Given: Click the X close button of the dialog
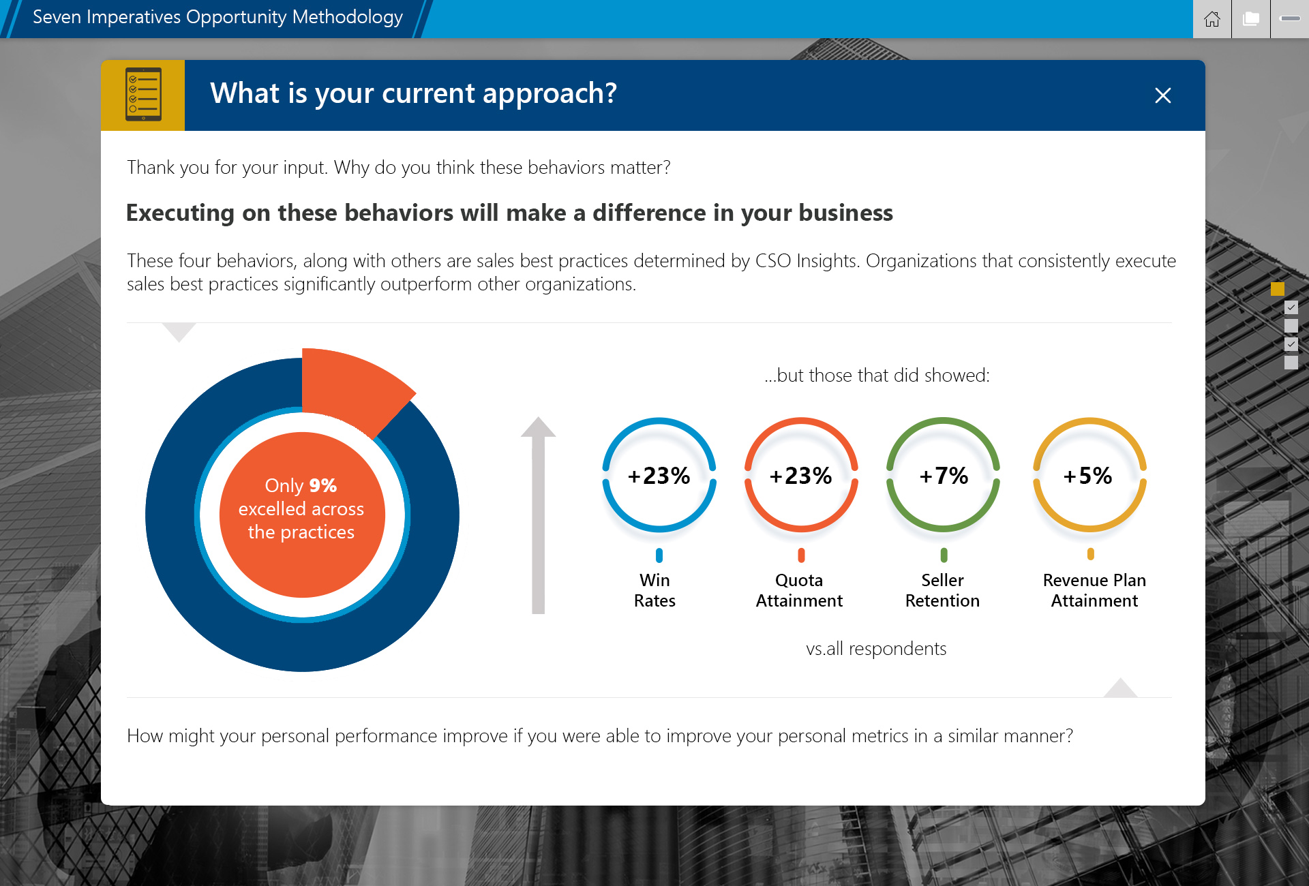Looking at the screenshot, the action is click(1163, 95).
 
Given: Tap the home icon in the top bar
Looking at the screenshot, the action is click(1212, 19).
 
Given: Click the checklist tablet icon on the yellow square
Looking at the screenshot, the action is click(143, 94).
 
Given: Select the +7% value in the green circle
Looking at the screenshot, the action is click(944, 476).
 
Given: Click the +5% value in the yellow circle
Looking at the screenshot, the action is click(1088, 476).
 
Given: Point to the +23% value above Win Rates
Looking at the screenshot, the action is click(659, 476).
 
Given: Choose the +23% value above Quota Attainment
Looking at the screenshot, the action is click(800, 476).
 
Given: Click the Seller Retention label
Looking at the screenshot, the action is click(942, 590).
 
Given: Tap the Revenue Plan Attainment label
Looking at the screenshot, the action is click(1094, 590).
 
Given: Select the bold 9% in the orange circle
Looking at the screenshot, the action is click(323, 485).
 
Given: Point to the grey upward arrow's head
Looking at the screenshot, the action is click(539, 427).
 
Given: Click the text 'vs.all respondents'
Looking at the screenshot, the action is click(876, 649).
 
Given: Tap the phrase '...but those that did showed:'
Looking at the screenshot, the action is click(877, 375).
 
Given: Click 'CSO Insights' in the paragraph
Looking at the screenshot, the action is click(806, 261).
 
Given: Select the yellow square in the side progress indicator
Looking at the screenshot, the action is click(1278, 289).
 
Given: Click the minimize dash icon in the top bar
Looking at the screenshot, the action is click(1290, 19).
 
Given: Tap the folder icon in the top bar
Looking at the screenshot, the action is click(1251, 19).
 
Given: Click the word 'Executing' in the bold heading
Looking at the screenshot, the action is click(180, 213).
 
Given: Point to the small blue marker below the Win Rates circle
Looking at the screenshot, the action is click(659, 555).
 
